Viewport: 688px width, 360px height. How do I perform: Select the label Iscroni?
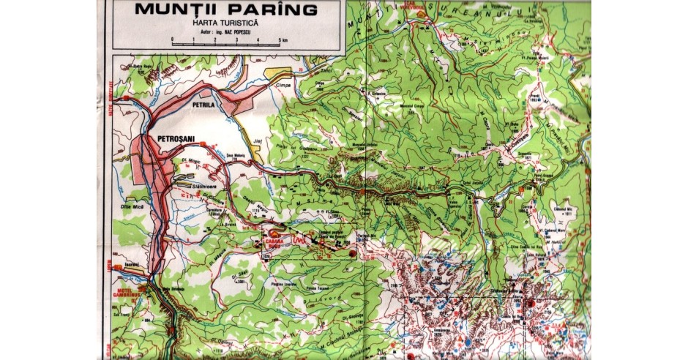click(x=132, y=263)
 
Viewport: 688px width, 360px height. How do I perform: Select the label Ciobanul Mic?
click(x=564, y=207)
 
